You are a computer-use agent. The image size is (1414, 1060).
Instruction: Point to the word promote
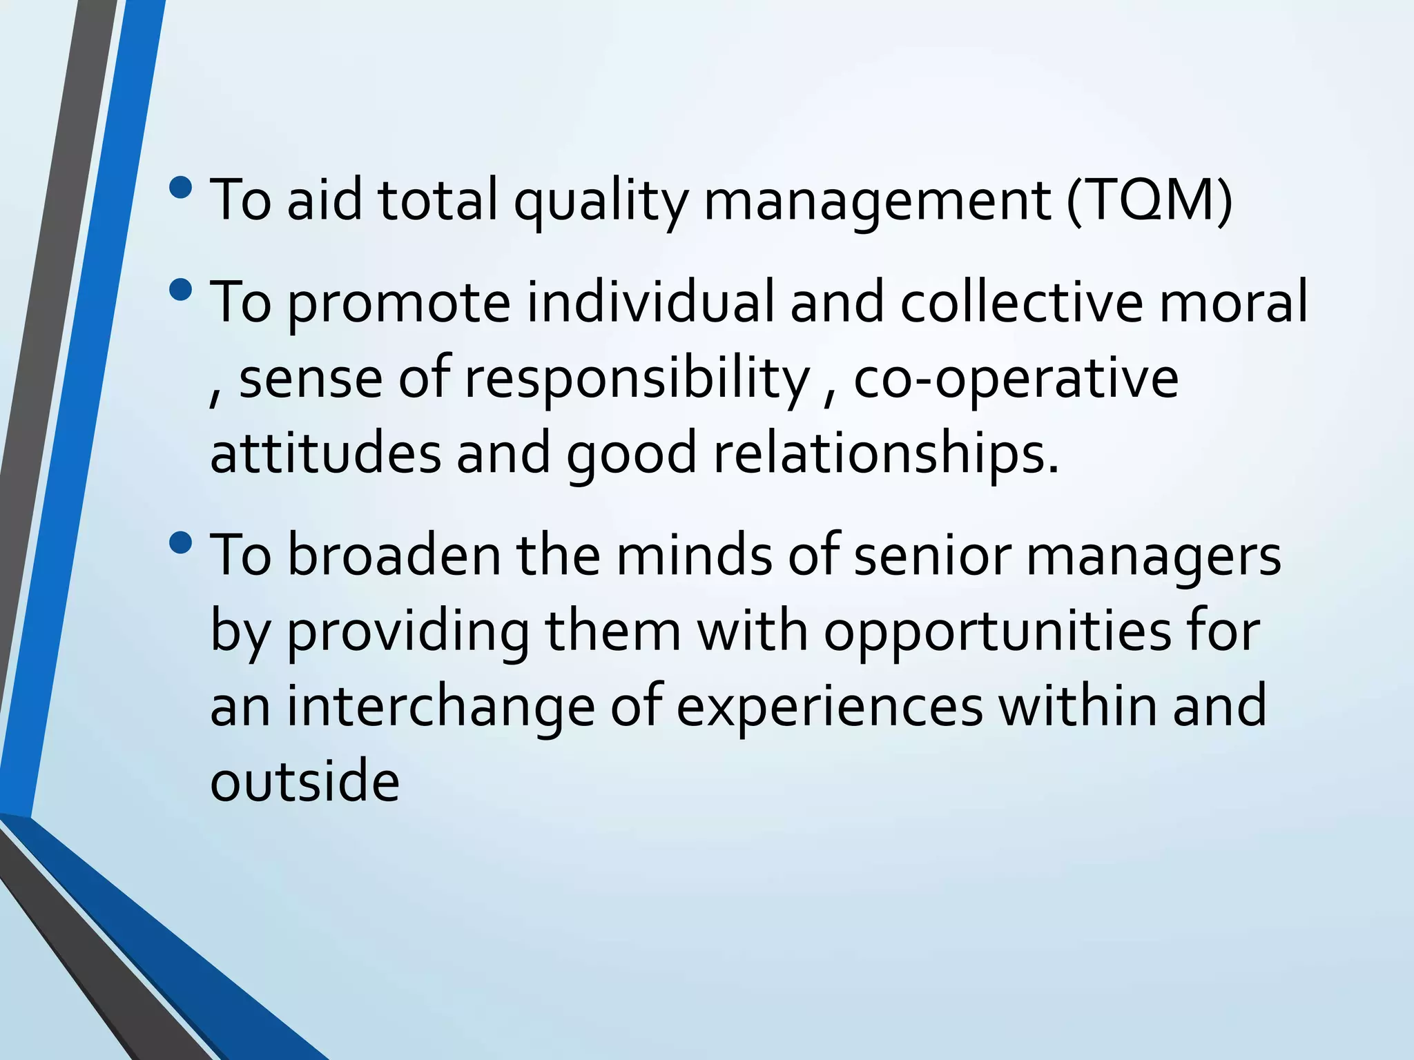click(x=398, y=304)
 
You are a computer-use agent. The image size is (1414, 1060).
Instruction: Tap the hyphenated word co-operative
click(x=1016, y=380)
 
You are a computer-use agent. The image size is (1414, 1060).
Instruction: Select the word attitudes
click(x=325, y=453)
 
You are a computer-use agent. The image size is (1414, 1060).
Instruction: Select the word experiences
click(x=829, y=709)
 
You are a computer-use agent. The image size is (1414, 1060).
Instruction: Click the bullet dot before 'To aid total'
click(x=181, y=187)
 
